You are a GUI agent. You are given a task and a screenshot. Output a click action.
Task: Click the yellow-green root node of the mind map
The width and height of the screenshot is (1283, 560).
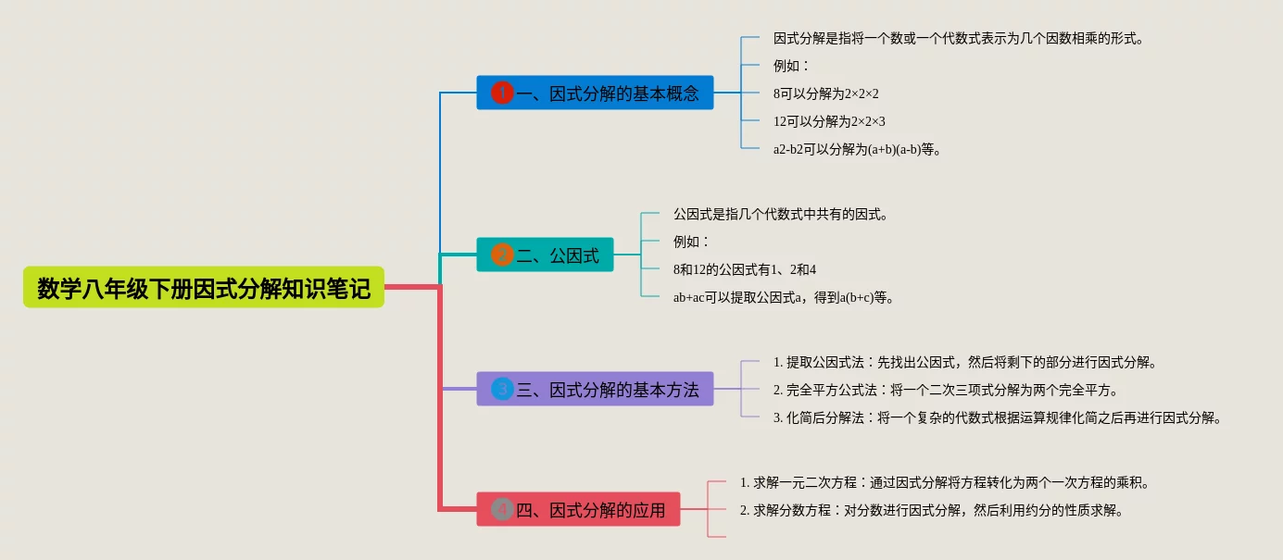click(x=203, y=287)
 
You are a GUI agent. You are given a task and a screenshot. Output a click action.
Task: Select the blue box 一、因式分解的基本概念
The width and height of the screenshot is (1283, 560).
click(x=595, y=93)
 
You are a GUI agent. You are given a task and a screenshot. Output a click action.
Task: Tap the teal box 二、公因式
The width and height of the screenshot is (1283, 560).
click(x=545, y=255)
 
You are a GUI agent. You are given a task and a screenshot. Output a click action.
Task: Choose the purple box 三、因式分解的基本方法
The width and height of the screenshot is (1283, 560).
click(x=595, y=389)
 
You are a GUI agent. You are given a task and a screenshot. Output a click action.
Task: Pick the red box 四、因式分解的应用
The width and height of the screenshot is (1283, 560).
click(x=578, y=509)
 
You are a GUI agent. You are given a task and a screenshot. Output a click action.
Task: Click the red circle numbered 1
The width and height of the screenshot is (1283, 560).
click(x=502, y=93)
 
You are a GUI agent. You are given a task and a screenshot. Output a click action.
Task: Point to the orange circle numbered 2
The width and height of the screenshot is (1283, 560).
click(x=502, y=255)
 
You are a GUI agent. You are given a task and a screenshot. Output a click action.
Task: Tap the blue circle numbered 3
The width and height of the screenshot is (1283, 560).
click(x=502, y=389)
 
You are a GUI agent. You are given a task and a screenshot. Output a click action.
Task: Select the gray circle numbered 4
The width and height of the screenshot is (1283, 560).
click(x=502, y=509)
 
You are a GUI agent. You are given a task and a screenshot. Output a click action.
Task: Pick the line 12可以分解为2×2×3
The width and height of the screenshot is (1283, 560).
click(x=829, y=121)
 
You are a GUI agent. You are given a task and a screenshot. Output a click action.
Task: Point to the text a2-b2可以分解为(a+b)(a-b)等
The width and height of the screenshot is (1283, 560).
click(x=856, y=149)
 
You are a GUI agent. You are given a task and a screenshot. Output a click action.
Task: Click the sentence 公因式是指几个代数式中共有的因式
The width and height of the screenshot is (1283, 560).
click(x=780, y=214)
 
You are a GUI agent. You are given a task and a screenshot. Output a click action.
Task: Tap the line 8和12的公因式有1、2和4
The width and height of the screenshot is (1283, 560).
click(x=744, y=269)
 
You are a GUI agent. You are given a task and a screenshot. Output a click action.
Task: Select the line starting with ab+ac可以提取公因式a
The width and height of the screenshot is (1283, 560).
click(x=783, y=298)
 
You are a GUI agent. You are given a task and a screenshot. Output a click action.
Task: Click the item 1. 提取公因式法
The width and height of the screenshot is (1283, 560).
click(x=964, y=363)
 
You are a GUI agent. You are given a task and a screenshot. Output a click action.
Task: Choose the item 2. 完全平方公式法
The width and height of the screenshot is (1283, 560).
click(x=945, y=390)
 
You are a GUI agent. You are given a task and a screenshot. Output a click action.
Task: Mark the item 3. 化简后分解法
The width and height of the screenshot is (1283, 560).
click(x=997, y=418)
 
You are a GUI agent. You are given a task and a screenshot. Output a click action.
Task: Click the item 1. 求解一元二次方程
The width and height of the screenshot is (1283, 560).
click(x=944, y=482)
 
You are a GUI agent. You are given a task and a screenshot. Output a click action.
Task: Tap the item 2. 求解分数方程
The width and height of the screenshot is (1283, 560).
click(x=931, y=510)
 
